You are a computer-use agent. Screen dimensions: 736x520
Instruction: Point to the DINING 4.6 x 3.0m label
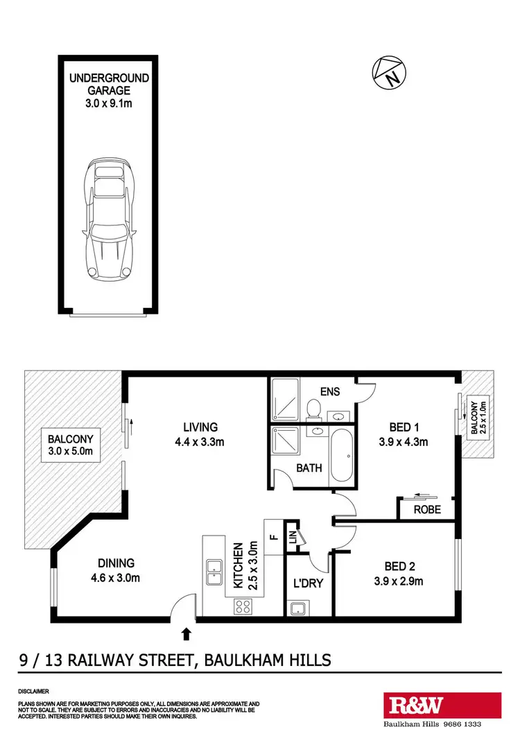(116, 571)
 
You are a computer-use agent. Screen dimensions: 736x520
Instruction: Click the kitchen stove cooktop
(243, 606)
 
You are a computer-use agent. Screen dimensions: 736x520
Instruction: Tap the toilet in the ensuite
(313, 409)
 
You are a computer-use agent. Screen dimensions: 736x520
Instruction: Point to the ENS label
(330, 391)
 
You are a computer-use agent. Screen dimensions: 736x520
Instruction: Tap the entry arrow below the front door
(186, 633)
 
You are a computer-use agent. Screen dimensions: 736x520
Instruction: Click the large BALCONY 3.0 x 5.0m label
(70, 445)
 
